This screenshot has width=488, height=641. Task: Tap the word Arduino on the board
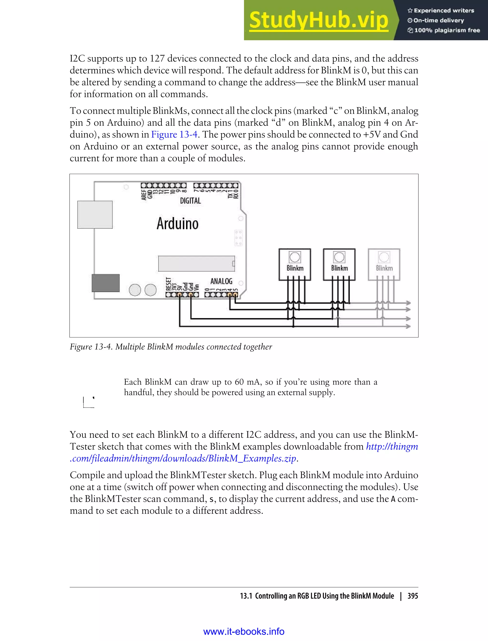[x=178, y=223]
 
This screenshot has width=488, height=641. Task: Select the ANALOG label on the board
[x=221, y=281]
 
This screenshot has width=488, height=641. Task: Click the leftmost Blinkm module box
[x=295, y=264]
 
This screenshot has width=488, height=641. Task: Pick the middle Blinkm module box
[x=339, y=264]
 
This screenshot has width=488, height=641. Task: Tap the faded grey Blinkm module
[x=384, y=264]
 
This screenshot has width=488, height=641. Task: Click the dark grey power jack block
[x=106, y=283]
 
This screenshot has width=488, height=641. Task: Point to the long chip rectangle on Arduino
[x=196, y=263]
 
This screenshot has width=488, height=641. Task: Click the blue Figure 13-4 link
[x=174, y=134]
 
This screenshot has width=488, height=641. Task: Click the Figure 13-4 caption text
[x=171, y=346]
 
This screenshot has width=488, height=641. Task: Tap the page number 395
[x=412, y=596]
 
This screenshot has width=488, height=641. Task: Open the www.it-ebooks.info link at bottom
[x=244, y=631]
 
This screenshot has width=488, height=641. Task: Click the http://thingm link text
[x=391, y=446]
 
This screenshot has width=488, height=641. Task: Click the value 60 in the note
[x=239, y=382]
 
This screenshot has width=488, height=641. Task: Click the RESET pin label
[x=168, y=284]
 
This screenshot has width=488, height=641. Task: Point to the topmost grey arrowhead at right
[x=408, y=303]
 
